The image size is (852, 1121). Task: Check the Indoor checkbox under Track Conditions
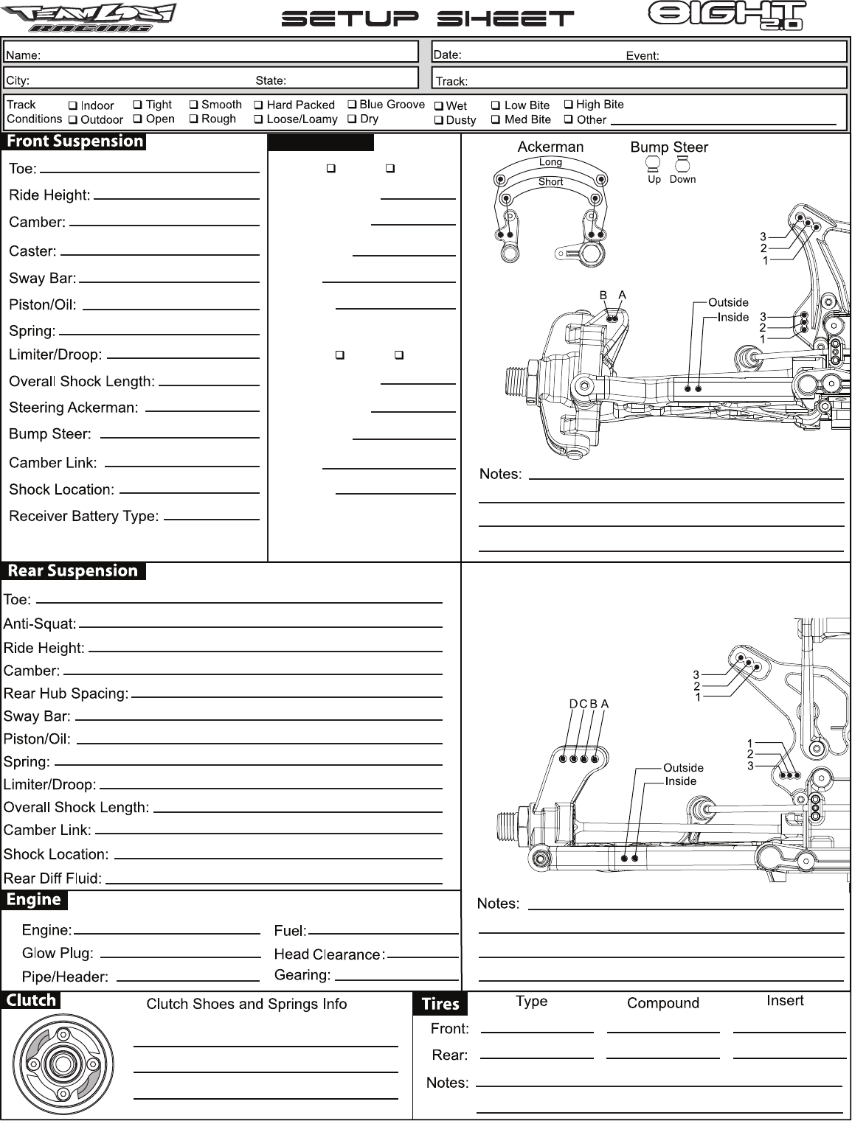click(x=73, y=106)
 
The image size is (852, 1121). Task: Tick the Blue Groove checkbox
click(x=353, y=105)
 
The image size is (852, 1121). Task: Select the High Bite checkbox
click(x=569, y=105)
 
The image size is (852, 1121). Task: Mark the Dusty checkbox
click(x=439, y=120)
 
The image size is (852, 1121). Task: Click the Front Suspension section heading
click(x=75, y=142)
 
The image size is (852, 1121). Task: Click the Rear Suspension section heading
click(x=73, y=571)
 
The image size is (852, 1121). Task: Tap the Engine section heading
click(x=34, y=900)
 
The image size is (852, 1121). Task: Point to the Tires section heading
click(x=440, y=1004)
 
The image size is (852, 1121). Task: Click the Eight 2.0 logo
click(x=726, y=15)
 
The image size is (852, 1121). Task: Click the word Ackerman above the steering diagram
click(x=550, y=147)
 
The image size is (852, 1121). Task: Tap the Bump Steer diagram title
click(x=669, y=147)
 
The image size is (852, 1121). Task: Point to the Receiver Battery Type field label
click(x=84, y=517)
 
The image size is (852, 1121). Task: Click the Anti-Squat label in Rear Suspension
click(x=40, y=624)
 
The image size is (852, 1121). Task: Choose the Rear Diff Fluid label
click(x=52, y=879)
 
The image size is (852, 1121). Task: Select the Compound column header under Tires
click(x=662, y=1003)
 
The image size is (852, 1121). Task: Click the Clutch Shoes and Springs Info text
click(x=246, y=1004)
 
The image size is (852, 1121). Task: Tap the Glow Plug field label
click(x=58, y=953)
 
